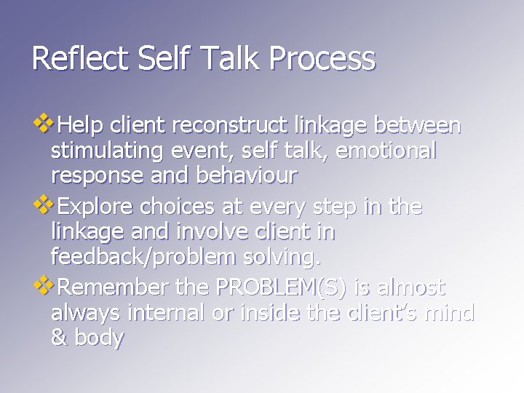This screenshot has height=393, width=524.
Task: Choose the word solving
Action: coord(281,258)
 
